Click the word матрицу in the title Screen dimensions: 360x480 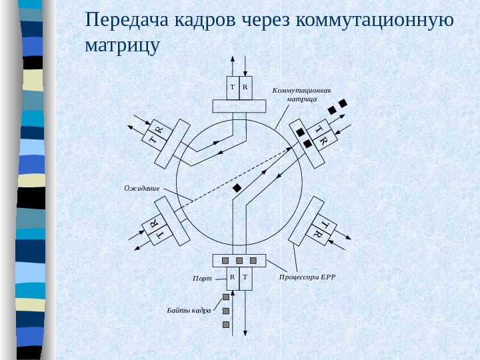pos(123,47)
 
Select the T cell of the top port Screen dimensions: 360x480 pos(233,87)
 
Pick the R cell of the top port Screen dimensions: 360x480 pos(245,87)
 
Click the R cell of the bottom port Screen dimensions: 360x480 pos(233,276)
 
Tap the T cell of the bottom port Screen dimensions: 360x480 pos(245,276)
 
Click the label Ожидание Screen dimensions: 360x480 pos(142,189)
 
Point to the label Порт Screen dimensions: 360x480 pos(202,279)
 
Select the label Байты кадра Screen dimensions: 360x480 pos(189,311)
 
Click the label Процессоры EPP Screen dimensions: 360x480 pos(306,276)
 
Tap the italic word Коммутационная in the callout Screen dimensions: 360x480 pos(301,90)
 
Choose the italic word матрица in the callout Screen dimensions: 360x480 pos(301,99)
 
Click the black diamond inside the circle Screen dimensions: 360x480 pos(236,188)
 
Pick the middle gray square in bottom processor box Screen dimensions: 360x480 pos(239,260)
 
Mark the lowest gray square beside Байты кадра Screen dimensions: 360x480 pos(226,325)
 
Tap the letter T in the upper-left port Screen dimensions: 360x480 pos(153,140)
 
